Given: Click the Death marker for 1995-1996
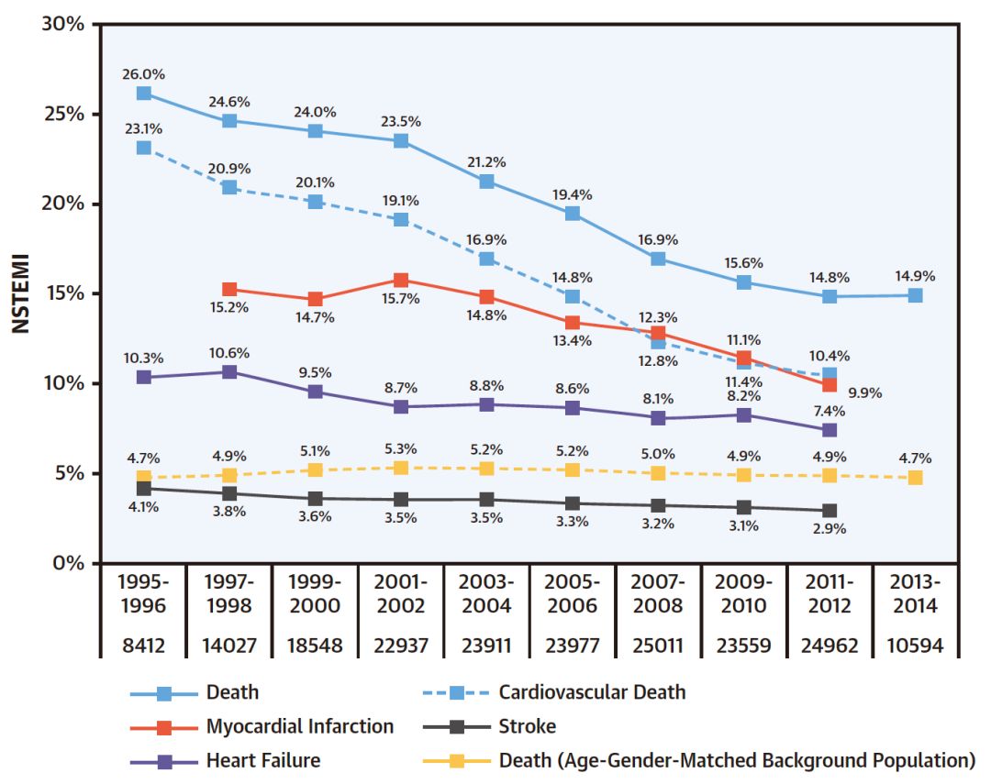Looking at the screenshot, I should click(143, 94).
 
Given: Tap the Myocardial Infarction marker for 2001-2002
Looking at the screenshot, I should click(401, 281).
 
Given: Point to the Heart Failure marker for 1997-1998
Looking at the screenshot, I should click(229, 372).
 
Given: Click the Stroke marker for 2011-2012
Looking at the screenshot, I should click(830, 511).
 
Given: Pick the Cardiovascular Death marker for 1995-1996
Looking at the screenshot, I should click(143, 148).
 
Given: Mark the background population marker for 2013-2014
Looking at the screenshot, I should click(915, 478).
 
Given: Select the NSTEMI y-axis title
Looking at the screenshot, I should click(21, 293).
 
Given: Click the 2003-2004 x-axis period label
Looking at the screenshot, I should click(486, 594).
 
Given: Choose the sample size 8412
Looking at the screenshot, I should click(143, 646).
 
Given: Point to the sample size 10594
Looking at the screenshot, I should click(915, 646).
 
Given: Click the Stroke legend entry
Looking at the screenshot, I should click(528, 727).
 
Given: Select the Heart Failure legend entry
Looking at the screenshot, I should click(263, 760).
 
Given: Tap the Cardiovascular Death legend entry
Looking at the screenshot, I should click(592, 692).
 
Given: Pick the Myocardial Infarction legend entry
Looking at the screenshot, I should click(299, 727).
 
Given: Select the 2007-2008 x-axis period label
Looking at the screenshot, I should click(658, 594).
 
